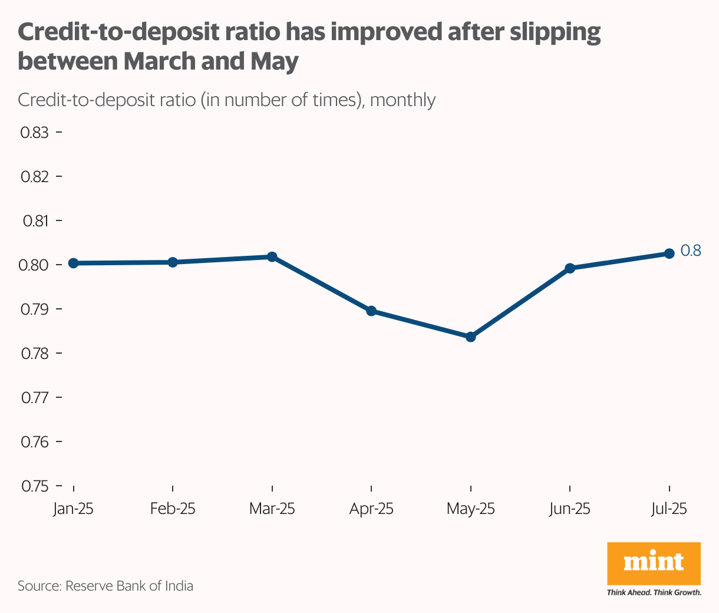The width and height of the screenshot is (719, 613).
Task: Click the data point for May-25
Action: pyautogui.click(x=470, y=337)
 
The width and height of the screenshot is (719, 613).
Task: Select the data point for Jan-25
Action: pyautogui.click(x=74, y=263)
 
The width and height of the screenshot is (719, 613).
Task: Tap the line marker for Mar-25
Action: pyautogui.click(x=272, y=257)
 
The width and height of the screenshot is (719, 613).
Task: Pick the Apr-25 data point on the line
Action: pyautogui.click(x=371, y=311)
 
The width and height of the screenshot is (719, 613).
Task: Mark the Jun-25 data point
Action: pyautogui.click(x=570, y=268)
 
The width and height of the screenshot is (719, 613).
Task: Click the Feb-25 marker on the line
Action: pyautogui.click(x=173, y=262)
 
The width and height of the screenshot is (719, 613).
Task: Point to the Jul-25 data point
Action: pyautogui.click(x=669, y=253)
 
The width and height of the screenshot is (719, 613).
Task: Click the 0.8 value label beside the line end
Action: pyautogui.click(x=691, y=251)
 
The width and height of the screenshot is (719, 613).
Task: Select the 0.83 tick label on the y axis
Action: pyautogui.click(x=35, y=133)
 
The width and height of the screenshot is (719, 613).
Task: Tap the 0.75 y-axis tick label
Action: pyautogui.click(x=35, y=486)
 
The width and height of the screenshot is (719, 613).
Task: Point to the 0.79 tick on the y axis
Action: pyautogui.click(x=35, y=309)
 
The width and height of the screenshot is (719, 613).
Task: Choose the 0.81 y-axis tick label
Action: pyautogui.click(x=35, y=221)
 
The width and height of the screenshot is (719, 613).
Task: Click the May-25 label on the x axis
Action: pyautogui.click(x=470, y=509)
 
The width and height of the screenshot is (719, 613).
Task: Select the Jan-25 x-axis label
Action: pyautogui.click(x=74, y=509)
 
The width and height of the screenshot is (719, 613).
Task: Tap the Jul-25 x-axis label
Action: pyautogui.click(x=669, y=509)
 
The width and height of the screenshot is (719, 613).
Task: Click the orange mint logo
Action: pyautogui.click(x=654, y=563)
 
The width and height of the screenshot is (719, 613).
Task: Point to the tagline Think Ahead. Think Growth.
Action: pyautogui.click(x=654, y=592)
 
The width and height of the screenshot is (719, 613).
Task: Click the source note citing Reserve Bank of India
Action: pyautogui.click(x=105, y=586)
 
